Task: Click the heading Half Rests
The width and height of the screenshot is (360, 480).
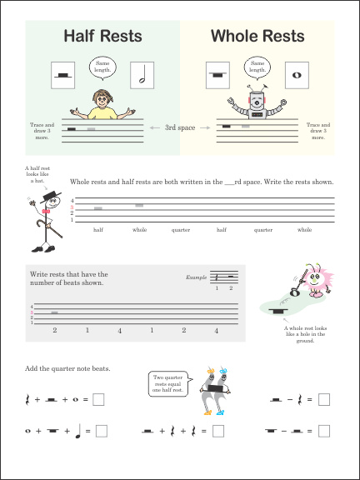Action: tap(103, 36)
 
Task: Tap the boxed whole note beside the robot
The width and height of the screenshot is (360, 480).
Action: tap(295, 74)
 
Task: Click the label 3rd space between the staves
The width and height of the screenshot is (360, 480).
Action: tap(180, 127)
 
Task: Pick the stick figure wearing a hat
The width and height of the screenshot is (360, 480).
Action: tap(42, 220)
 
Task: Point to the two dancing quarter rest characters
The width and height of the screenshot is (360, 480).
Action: tap(212, 392)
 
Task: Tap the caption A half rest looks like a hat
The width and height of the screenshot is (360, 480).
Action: tap(37, 175)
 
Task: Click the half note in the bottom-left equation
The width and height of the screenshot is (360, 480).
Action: tap(77, 430)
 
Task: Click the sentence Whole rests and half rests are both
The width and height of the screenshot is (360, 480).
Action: tap(202, 182)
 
